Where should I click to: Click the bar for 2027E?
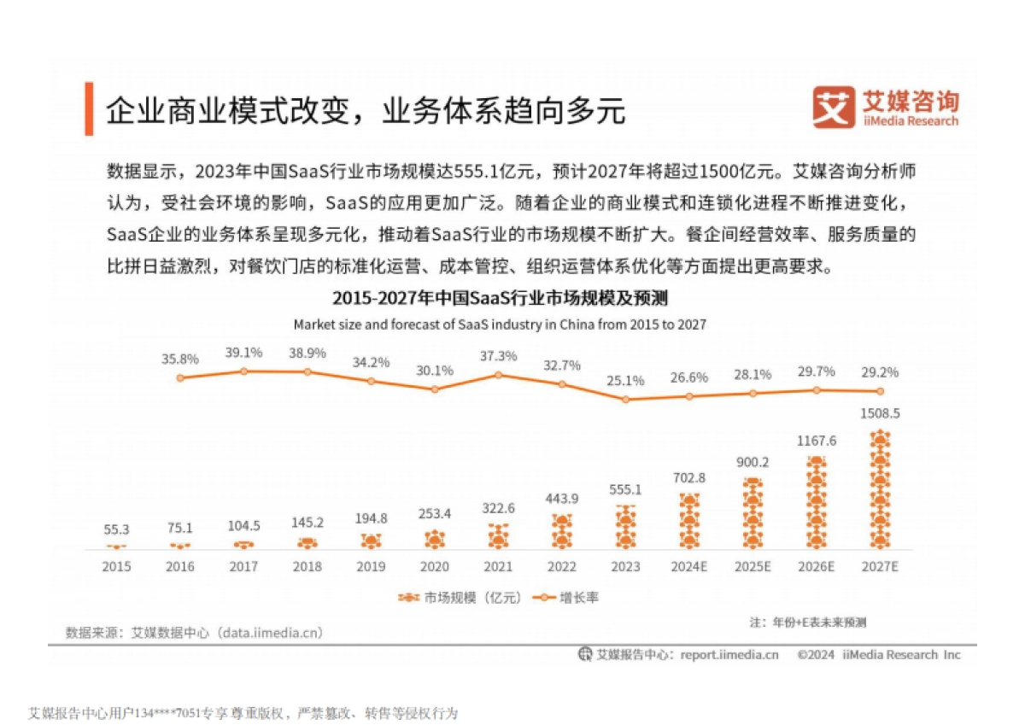[x=879, y=491]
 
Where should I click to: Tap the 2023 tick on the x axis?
[x=625, y=566]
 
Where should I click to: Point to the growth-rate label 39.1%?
[x=243, y=353]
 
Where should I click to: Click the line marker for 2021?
[x=498, y=374]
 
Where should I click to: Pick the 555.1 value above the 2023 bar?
[x=625, y=490]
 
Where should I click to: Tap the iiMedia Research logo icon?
[x=833, y=108]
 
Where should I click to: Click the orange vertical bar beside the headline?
[x=89, y=108]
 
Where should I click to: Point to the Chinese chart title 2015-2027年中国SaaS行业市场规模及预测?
[x=500, y=298]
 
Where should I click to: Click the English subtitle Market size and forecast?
[x=500, y=324]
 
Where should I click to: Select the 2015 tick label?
[x=116, y=566]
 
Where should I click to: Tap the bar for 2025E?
[x=752, y=514]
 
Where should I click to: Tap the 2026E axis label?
[x=816, y=566]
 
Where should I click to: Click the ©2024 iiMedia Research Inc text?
[x=879, y=655]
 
